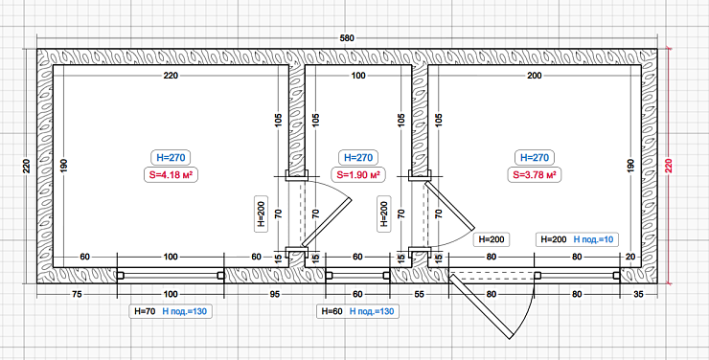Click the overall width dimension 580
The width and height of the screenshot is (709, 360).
click(347, 38)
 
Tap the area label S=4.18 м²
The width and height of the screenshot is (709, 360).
click(171, 175)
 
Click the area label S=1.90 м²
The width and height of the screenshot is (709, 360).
click(358, 175)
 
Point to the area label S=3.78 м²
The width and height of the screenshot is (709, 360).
click(534, 175)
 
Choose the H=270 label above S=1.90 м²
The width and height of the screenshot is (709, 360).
click(358, 158)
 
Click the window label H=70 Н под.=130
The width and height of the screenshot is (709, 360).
click(171, 311)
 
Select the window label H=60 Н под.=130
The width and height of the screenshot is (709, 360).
click(357, 311)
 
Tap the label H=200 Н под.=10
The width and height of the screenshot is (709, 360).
click(577, 239)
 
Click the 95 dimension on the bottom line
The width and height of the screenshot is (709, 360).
click(275, 295)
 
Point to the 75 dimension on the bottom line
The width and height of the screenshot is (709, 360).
click(77, 295)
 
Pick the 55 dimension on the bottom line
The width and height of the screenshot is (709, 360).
click(419, 295)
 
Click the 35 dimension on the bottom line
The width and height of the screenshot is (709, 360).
click(638, 295)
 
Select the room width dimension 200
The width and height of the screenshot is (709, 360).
click(534, 76)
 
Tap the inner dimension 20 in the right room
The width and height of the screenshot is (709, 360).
click(630, 257)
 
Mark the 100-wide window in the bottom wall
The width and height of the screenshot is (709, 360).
click(171, 275)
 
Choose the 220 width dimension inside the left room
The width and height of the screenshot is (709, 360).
click(171, 76)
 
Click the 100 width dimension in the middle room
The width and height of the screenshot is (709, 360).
click(358, 76)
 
